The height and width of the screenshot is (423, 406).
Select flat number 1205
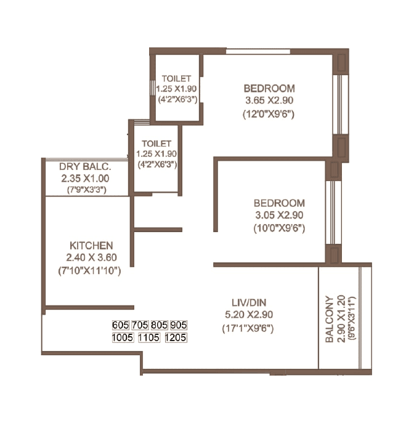click(x=176, y=337)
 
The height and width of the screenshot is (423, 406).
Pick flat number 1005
click(x=121, y=337)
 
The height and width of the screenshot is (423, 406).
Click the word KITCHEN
click(x=91, y=245)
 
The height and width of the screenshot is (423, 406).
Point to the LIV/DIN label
click(x=248, y=302)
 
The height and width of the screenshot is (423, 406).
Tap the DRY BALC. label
click(x=85, y=167)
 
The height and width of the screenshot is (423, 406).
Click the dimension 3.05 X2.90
click(x=279, y=215)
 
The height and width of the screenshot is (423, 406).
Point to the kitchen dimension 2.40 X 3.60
click(x=91, y=257)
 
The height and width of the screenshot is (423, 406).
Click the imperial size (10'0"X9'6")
click(x=279, y=228)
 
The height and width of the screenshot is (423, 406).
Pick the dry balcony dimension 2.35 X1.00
click(x=86, y=179)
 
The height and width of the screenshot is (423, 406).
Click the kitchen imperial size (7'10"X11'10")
click(x=91, y=270)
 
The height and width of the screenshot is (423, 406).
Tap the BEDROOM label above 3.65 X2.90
click(x=269, y=88)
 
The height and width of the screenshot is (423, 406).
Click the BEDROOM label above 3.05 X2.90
click(x=279, y=203)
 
